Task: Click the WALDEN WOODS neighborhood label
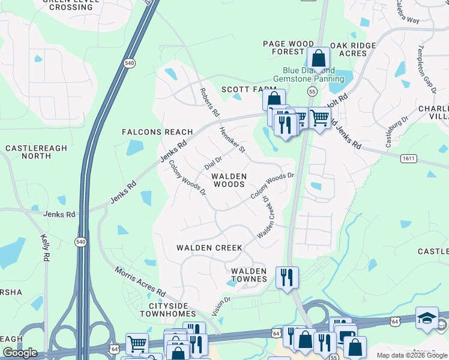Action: coord(229,181)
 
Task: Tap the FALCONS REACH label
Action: coord(157,132)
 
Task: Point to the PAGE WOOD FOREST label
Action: coord(289,48)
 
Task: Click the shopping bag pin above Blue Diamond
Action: coord(318,59)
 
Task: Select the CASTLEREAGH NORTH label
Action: coord(28,152)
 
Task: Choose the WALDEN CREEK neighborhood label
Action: coord(209,248)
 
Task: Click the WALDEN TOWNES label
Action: coord(249,275)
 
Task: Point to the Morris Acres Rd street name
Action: coord(140,280)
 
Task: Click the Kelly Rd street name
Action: coord(45,247)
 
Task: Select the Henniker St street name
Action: coord(232,139)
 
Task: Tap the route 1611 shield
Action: coord(409,158)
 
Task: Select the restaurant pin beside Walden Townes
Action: coord(287,277)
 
